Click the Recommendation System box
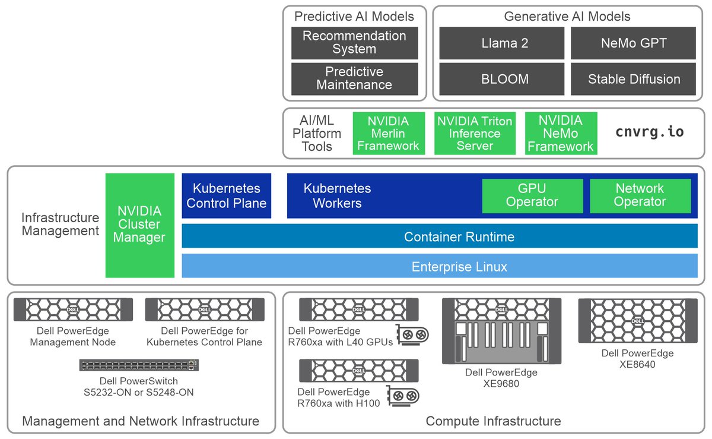354,43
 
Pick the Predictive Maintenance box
354,78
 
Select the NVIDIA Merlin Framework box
389,134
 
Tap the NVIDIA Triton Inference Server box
475,134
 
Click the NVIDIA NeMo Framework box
560,134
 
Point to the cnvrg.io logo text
650,132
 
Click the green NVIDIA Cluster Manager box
139,225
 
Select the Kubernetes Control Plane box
226,196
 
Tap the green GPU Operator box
532,195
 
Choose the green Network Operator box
640,195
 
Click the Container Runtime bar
439,236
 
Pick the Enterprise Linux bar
439,266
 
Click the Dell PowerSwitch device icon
139,365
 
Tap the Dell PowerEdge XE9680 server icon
501,331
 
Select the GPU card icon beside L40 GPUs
412,334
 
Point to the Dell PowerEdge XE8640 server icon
637,321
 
